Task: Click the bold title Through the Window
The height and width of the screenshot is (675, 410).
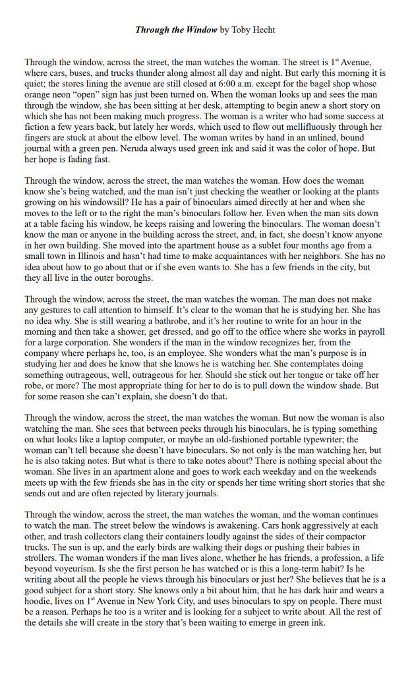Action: pyautogui.click(x=176, y=30)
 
